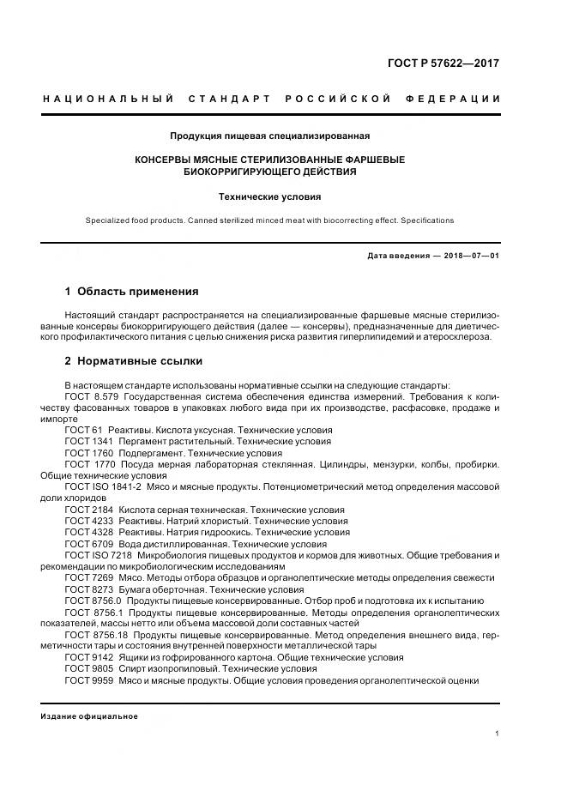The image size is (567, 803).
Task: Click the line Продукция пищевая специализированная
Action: click(269, 135)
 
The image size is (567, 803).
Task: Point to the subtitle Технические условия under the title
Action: click(269, 196)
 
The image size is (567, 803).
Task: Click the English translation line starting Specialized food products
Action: click(269, 220)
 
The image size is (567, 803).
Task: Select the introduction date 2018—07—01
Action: click(469, 256)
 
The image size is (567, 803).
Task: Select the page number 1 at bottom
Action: click(498, 734)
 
